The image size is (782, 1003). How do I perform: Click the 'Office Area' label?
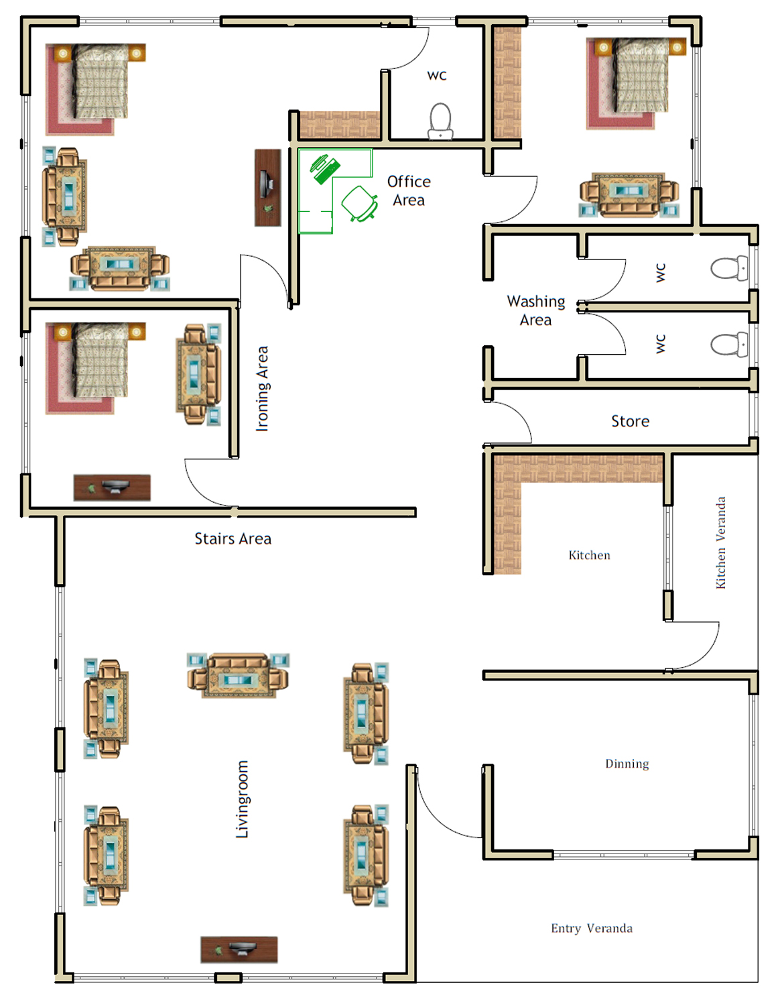pos(409,190)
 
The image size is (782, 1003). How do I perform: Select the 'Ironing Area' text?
pos(262,389)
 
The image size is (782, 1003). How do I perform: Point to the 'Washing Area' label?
pos(535,310)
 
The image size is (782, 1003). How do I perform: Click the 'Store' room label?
pos(630,421)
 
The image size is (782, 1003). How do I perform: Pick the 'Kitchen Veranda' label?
pos(720,542)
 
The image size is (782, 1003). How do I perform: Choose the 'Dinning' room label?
pos(627,764)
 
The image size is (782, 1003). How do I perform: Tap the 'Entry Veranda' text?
pos(592,928)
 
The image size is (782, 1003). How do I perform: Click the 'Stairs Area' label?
pos(233,538)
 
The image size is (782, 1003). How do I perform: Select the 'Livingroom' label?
pos(242,799)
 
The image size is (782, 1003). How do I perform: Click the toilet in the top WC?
pos(441,121)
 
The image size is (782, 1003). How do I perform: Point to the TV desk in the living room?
pos(239,949)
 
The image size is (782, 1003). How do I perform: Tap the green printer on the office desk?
pos(325,168)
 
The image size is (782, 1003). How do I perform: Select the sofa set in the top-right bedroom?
pos(629,195)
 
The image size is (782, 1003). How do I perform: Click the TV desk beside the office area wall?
pos(268,188)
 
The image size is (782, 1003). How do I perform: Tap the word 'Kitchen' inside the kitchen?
pos(589,555)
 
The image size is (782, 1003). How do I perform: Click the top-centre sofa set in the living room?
pos(238,675)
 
